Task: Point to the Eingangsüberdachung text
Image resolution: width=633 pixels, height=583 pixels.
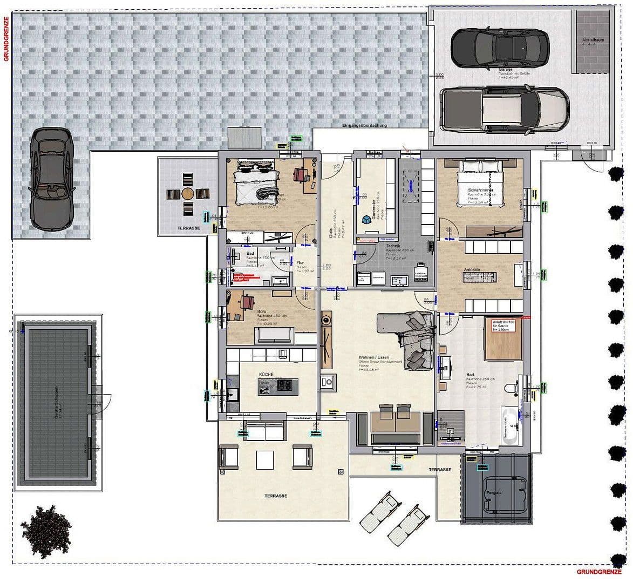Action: (x=364, y=125)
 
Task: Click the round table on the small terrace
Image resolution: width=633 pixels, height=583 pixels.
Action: (x=187, y=193)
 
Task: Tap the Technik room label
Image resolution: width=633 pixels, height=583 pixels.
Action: (x=393, y=246)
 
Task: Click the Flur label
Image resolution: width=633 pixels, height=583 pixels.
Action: (x=301, y=263)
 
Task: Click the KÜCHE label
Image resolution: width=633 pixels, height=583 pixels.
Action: (x=267, y=374)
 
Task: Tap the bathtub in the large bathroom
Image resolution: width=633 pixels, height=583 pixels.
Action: (x=511, y=426)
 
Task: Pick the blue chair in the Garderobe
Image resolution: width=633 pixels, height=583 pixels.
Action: (x=367, y=220)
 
